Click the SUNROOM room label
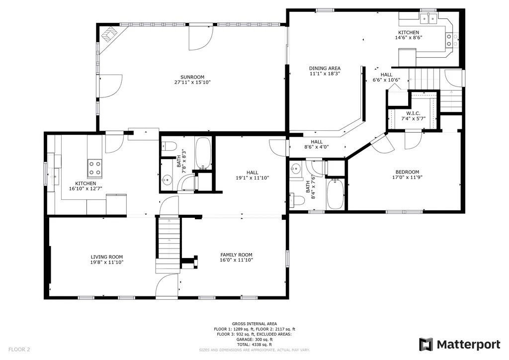(192, 77)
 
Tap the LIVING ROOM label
(107, 257)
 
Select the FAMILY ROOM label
(236, 255)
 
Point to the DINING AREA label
(325, 68)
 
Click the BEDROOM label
(407, 172)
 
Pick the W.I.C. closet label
(413, 113)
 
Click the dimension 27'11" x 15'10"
(192, 83)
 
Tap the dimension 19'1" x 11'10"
(253, 178)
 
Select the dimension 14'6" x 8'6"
(409, 38)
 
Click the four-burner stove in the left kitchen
(94, 168)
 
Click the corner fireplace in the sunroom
(110, 33)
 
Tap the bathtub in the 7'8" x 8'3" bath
(203, 153)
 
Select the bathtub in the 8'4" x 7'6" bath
(335, 194)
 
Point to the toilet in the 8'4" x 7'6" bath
(297, 200)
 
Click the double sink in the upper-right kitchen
(428, 19)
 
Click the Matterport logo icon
(426, 345)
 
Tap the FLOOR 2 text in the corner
(19, 350)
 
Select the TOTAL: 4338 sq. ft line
(254, 345)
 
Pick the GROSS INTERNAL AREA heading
(254, 324)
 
